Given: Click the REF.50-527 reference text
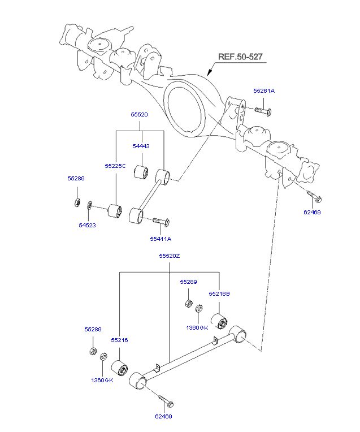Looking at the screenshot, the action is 240,57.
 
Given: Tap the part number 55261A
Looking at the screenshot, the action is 264,91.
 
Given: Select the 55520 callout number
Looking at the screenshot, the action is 139,115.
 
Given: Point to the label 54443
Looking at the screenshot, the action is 141,146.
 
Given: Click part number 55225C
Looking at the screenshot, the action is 115,166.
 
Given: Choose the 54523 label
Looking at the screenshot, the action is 87,226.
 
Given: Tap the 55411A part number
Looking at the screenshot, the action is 161,239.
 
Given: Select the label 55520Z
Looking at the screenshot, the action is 170,256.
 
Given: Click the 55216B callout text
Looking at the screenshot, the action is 219,293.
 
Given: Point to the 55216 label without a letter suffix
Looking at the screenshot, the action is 120,340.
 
